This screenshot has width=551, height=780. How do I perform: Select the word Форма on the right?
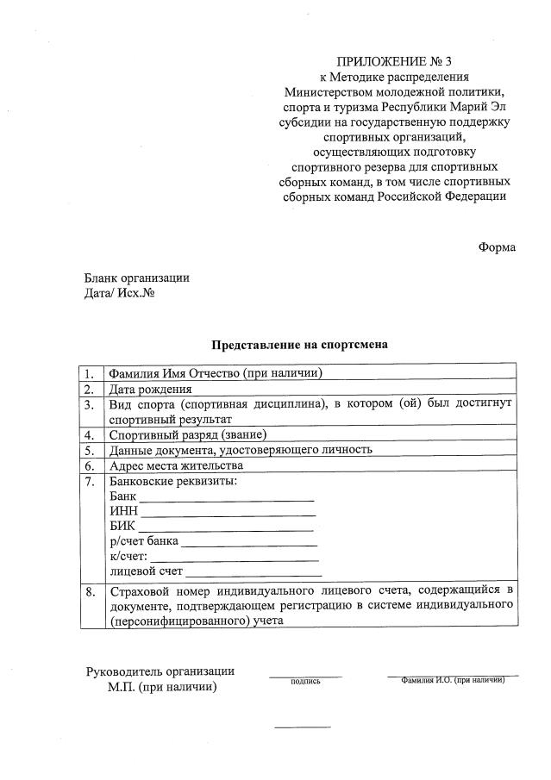[x=497, y=247]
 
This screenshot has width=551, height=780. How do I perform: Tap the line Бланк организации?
[x=136, y=278]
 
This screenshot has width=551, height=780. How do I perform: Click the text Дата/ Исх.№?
[x=119, y=293]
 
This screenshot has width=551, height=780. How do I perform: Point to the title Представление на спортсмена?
[x=299, y=345]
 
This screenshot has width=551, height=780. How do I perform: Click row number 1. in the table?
[x=90, y=373]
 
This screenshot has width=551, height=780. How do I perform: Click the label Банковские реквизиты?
[x=173, y=481]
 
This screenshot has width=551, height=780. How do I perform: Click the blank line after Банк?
[x=227, y=499]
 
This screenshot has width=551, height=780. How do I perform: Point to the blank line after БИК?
[x=226, y=529]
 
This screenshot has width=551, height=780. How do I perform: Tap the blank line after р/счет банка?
[x=249, y=545]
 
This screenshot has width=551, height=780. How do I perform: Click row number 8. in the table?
[x=90, y=591]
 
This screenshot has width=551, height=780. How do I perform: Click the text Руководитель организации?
[x=160, y=671]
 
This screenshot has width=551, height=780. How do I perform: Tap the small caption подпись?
[x=305, y=682]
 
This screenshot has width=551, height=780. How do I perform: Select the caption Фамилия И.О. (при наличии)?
[x=453, y=680]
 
